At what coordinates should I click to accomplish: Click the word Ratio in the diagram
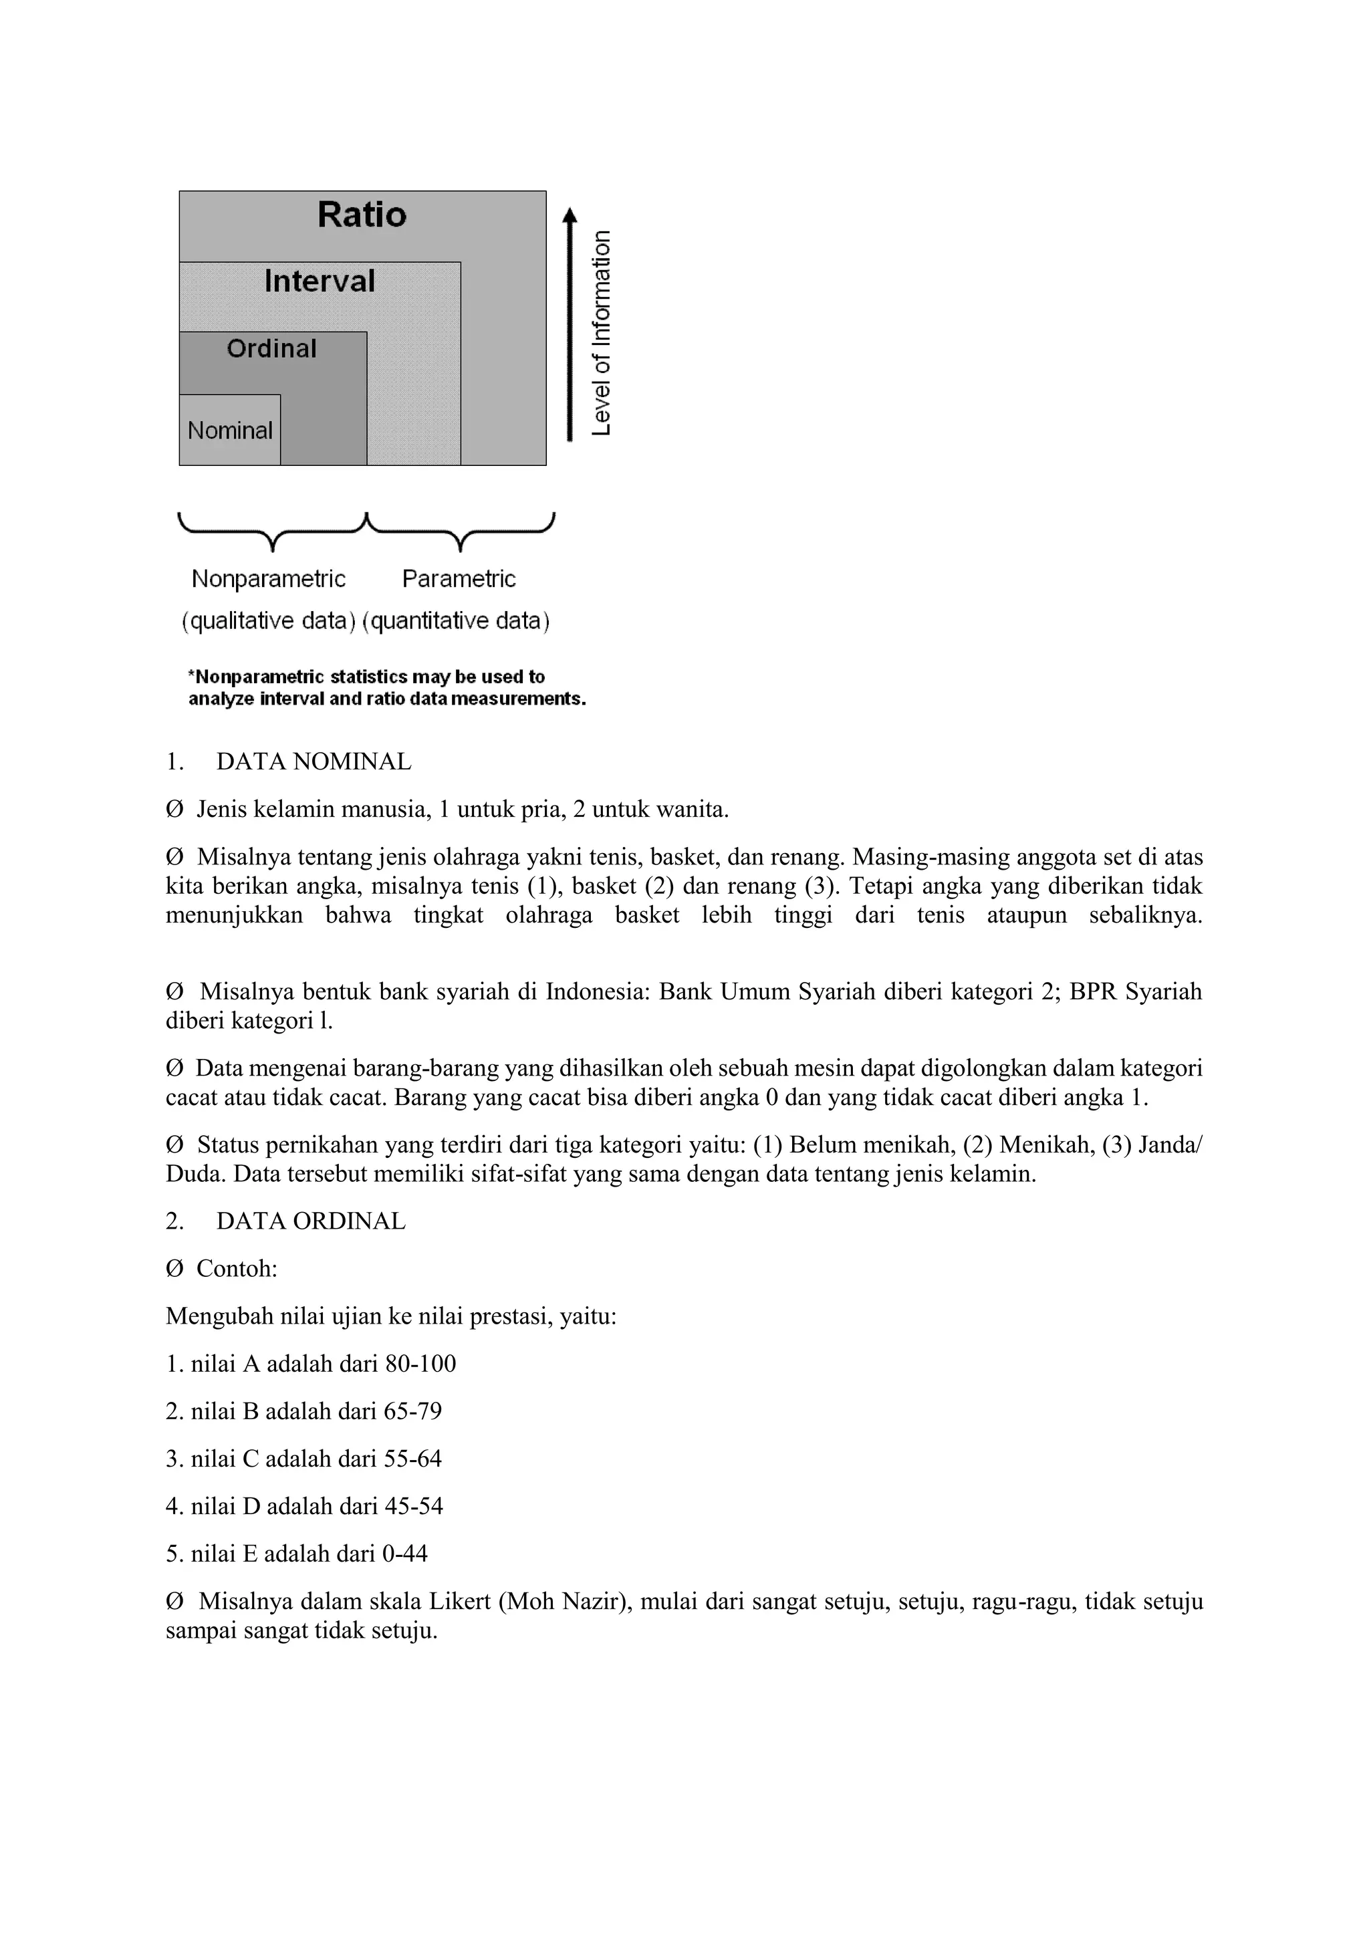click(x=362, y=215)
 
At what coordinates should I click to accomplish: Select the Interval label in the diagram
click(x=320, y=281)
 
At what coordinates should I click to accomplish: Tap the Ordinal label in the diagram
click(x=271, y=348)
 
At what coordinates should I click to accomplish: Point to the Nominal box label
click(x=229, y=431)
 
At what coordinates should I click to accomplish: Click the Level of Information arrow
click(x=570, y=325)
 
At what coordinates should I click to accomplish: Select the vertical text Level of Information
click(x=601, y=333)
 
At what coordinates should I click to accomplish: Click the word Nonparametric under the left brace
click(x=268, y=580)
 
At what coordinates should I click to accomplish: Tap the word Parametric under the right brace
click(x=459, y=580)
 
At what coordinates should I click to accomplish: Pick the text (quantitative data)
click(x=456, y=622)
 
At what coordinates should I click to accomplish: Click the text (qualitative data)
click(x=268, y=622)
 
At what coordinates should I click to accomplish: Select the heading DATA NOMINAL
click(x=314, y=761)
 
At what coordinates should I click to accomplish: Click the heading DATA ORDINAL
click(x=310, y=1221)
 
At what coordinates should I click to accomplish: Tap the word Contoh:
click(x=237, y=1268)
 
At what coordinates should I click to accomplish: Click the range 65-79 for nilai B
click(x=412, y=1411)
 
